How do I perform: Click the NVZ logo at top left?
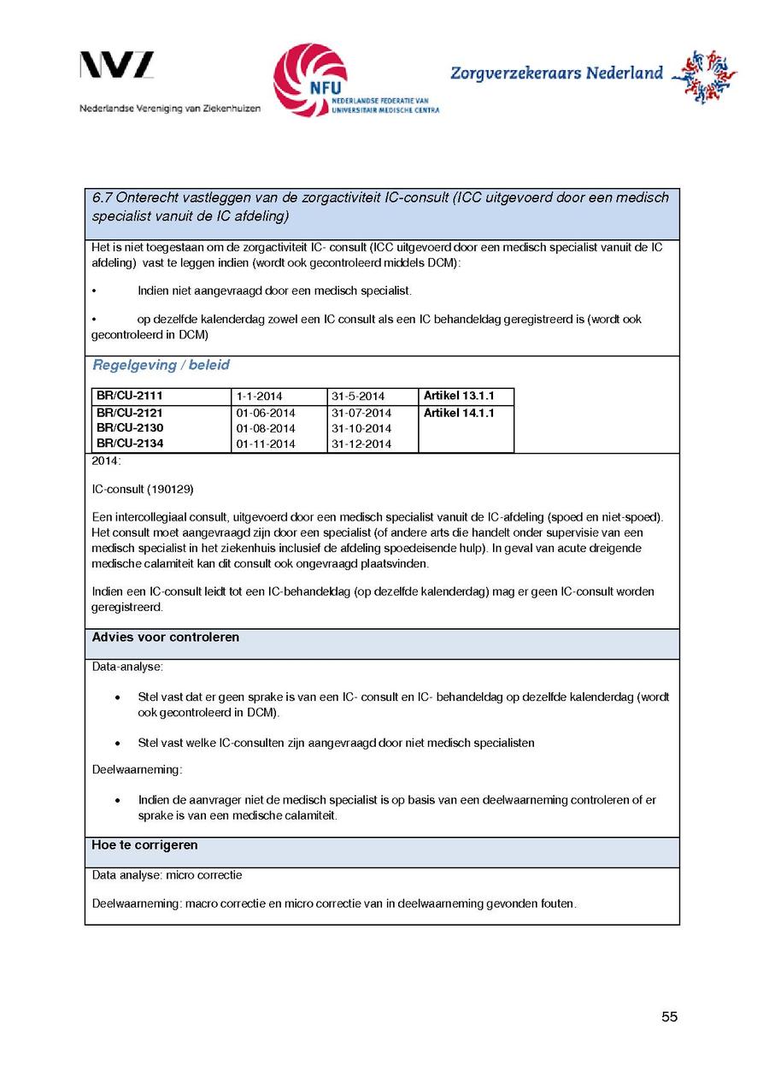pos(117,66)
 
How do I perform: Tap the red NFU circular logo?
pos(310,79)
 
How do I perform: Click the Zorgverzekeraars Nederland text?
pos(556,74)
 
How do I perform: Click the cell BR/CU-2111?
pos(129,397)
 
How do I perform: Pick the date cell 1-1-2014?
pos(259,397)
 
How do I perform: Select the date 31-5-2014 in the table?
pos(358,397)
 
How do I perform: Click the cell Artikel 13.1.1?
pos(459,397)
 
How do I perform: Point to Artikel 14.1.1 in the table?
pos(459,414)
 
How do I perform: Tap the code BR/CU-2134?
pos(130,444)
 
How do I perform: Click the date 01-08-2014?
pos(266,428)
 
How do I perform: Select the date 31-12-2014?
pos(361,444)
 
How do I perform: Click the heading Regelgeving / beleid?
pos(161,366)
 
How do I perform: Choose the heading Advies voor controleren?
pos(166,638)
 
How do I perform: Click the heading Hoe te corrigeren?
pos(144,845)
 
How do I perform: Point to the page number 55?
pos(669,1017)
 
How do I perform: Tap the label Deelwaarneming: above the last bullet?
pos(137,770)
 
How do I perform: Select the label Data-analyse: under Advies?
pos(127,667)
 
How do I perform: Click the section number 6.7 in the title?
pos(103,198)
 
